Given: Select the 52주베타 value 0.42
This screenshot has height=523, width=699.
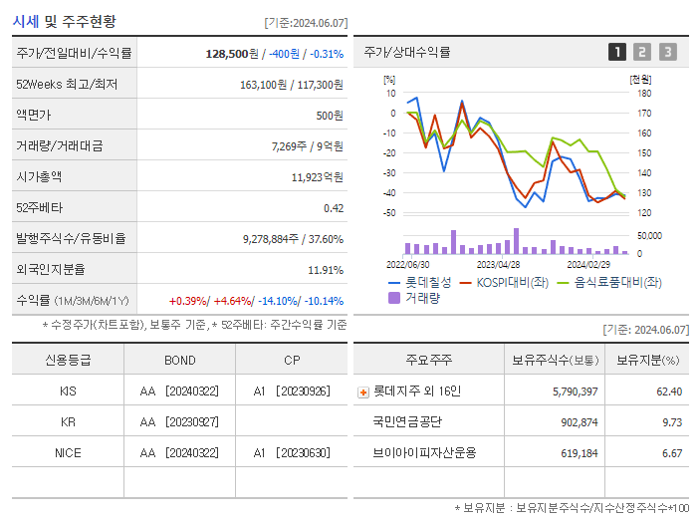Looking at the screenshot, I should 333,208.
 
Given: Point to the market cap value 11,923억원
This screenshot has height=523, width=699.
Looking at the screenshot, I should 317,177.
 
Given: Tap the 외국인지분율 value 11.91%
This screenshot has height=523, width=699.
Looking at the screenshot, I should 326,270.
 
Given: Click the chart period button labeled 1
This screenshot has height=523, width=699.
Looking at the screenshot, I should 617,52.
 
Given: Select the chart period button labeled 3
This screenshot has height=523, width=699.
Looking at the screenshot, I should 667,52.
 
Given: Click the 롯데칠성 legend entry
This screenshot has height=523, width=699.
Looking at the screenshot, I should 426,283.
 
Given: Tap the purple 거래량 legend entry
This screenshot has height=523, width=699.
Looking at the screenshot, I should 421,297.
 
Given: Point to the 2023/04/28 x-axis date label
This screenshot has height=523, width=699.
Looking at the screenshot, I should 498,265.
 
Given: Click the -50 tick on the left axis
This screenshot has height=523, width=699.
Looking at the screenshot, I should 389,213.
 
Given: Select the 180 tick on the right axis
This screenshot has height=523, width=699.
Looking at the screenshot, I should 643,93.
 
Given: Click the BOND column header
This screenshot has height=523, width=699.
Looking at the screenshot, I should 179,361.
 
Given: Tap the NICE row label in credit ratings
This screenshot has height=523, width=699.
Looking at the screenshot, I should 68,452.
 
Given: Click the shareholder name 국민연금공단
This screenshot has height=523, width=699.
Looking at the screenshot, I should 405,421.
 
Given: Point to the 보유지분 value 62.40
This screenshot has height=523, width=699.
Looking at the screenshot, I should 669,392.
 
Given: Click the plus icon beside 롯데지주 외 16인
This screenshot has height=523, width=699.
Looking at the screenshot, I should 362,392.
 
